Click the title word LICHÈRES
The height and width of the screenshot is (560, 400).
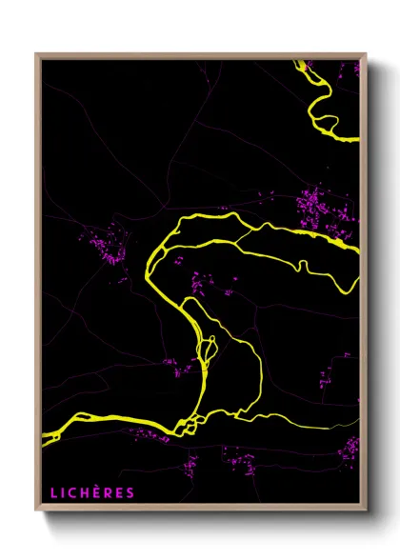click(92, 492)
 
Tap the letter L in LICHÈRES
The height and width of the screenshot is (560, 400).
click(53, 492)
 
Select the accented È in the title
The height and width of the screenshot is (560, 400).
click(99, 492)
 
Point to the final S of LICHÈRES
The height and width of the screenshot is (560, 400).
click(130, 492)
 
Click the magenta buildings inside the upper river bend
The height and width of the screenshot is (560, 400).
click(200, 281)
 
